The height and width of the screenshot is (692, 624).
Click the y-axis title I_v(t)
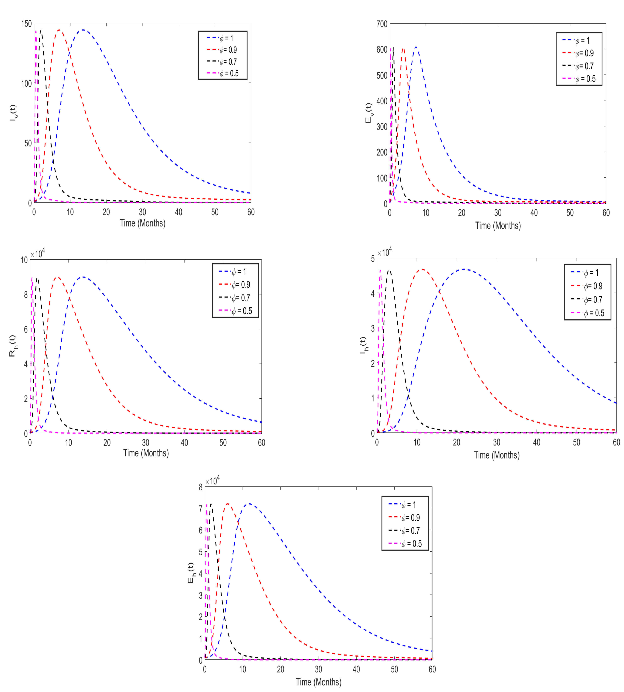tap(13, 113)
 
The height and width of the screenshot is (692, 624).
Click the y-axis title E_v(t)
tap(369, 113)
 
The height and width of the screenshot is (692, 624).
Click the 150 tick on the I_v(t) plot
tap(26, 24)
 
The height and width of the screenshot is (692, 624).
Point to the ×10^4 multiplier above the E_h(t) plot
tap(212, 481)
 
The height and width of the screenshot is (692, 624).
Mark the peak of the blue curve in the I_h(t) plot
tap(465, 269)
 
